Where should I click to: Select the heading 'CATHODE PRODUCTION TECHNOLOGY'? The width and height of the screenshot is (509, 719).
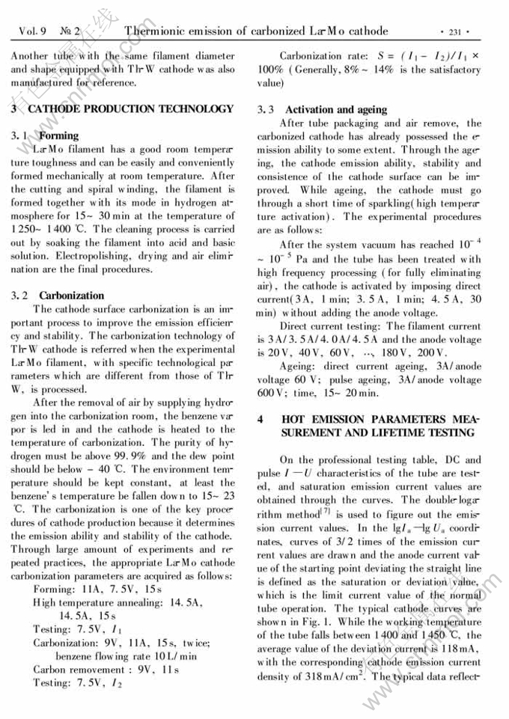131,109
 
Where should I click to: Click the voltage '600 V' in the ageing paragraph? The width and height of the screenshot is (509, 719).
268,392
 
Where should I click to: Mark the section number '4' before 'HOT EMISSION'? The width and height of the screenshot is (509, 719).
260,419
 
